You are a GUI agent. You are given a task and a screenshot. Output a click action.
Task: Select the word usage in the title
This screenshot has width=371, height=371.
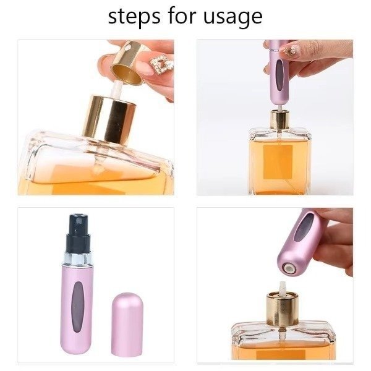(232, 18)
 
